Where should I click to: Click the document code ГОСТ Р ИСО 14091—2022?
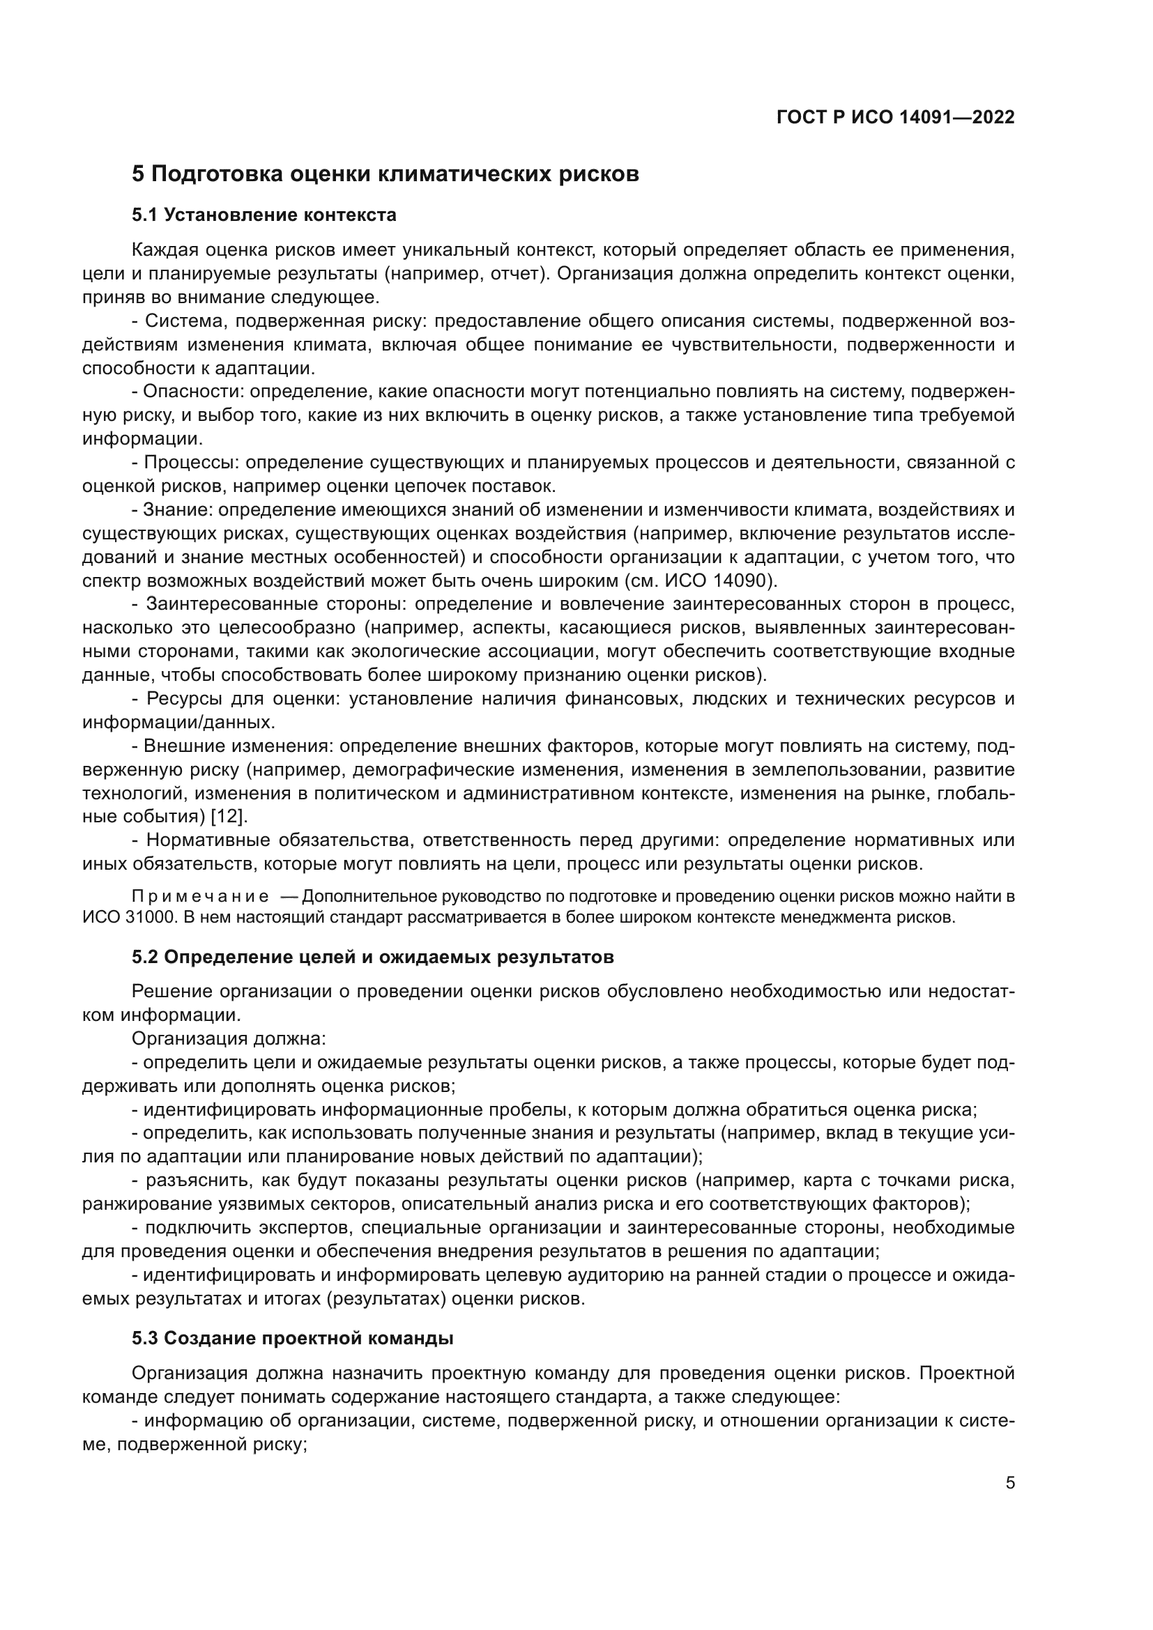[x=895, y=118]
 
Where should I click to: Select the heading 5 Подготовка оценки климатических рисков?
[x=385, y=174]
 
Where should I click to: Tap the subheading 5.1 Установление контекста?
[x=264, y=215]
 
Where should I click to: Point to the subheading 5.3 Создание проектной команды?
[x=293, y=1338]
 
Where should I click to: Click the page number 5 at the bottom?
[x=1009, y=1483]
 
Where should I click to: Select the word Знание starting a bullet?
[x=176, y=509]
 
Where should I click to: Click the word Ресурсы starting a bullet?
[x=184, y=698]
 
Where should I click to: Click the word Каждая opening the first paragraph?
[x=164, y=250]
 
